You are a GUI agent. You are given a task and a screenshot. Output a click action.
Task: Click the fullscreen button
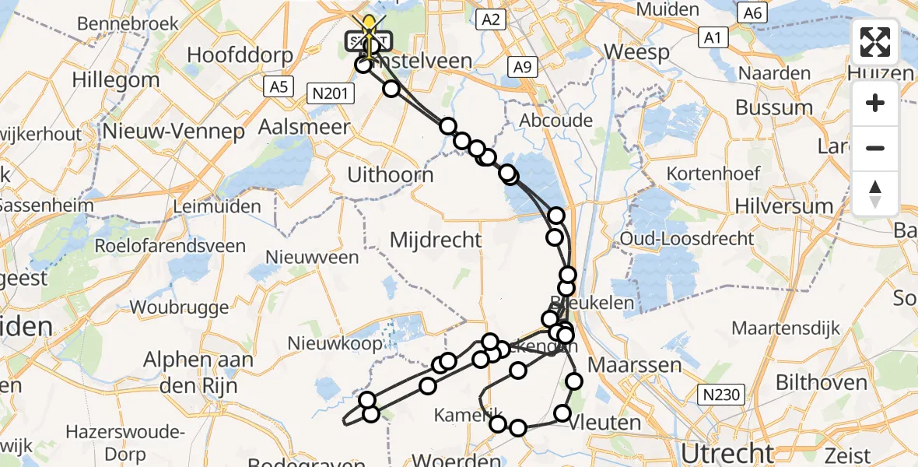point(875,42)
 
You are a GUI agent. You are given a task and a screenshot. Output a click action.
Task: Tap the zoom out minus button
point(875,148)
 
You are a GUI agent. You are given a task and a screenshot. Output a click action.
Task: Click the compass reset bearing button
point(875,193)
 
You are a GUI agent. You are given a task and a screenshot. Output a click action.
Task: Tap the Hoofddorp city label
point(240,56)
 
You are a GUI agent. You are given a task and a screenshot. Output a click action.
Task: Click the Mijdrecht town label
point(436,240)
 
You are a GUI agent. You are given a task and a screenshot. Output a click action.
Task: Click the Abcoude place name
point(556,121)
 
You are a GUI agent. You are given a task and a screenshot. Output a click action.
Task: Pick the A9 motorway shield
point(522,68)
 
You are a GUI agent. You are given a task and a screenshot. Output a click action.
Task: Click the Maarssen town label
point(634,364)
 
